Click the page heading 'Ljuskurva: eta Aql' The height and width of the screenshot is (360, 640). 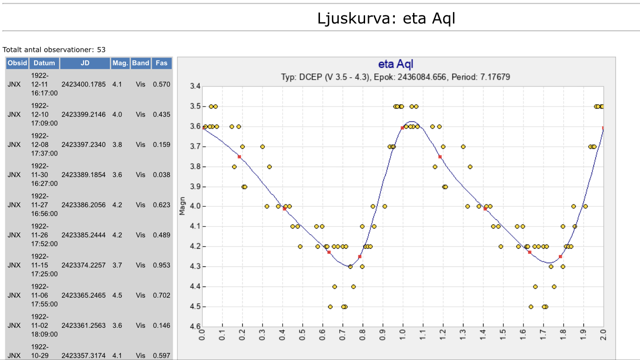[386, 19]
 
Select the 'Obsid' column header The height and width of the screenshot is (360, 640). [17, 63]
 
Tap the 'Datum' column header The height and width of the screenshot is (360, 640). [44, 63]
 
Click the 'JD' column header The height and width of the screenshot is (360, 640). [85, 63]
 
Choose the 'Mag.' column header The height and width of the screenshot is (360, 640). [120, 63]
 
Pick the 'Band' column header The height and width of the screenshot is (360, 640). [141, 63]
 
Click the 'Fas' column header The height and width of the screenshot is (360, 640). [162, 63]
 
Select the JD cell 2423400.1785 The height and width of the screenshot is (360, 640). [83, 84]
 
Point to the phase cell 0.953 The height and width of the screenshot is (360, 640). [162, 265]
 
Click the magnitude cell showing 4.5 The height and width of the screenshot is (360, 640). [117, 295]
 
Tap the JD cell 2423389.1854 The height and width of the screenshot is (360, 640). [83, 175]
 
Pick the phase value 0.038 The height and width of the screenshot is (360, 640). [162, 175]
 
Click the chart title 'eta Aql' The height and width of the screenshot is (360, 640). [396, 64]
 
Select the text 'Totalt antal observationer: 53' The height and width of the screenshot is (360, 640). [54, 49]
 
